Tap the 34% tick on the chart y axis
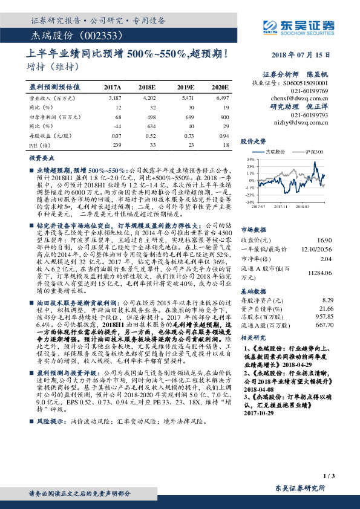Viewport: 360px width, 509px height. pyautogui.click(x=249, y=159)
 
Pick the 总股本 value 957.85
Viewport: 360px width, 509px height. pyautogui.click(x=325, y=316)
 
